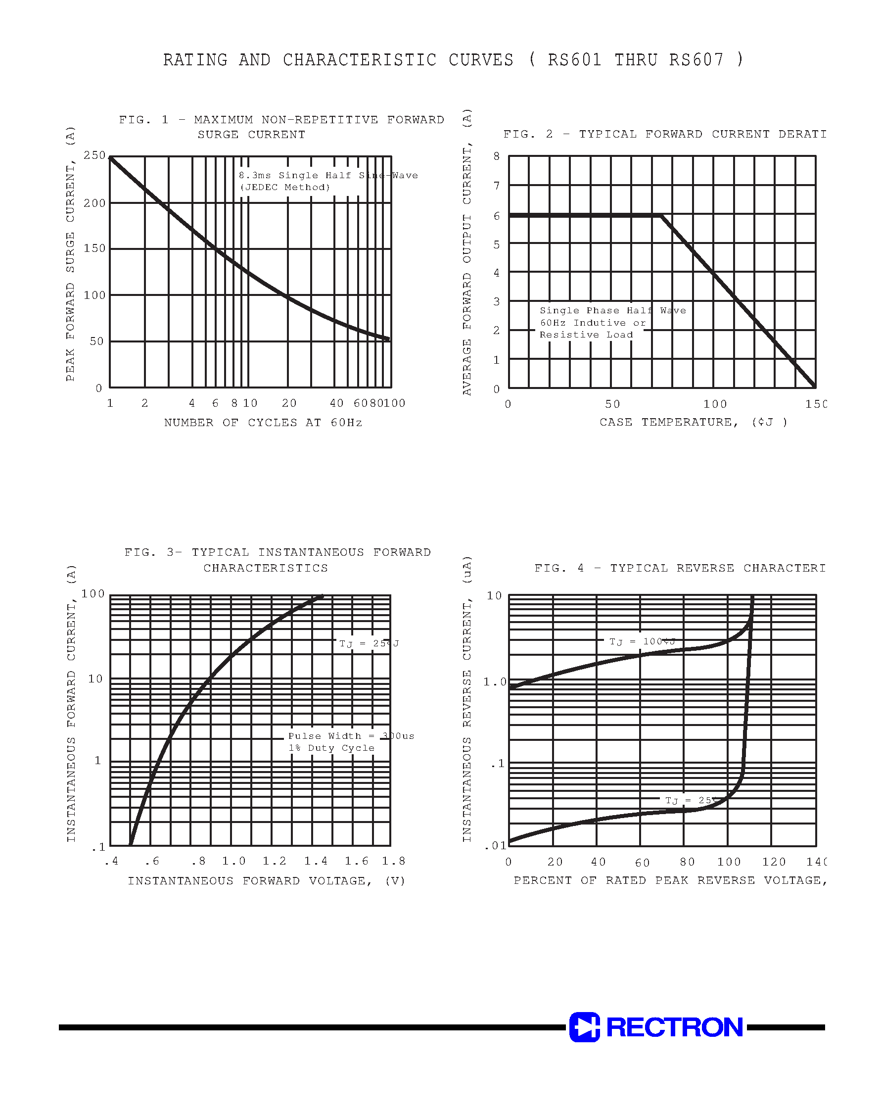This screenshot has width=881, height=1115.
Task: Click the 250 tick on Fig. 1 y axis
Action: (x=94, y=155)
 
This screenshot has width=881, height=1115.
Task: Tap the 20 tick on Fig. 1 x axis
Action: (x=289, y=403)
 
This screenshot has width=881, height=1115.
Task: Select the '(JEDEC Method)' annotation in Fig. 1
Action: (x=285, y=187)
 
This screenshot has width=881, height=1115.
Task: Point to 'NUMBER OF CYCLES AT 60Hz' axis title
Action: (x=263, y=423)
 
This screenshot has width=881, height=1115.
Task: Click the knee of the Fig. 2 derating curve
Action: (x=661, y=216)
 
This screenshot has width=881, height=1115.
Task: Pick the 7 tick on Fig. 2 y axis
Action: (x=497, y=186)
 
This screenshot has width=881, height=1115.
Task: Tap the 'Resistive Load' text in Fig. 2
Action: (x=586, y=335)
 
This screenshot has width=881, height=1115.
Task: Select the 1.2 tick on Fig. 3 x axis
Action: (x=275, y=861)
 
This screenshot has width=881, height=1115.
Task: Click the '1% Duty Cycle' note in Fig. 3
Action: (x=331, y=748)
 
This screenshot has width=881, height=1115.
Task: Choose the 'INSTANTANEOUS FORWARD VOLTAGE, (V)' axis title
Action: (x=266, y=881)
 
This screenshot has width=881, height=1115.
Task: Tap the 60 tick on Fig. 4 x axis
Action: (x=642, y=863)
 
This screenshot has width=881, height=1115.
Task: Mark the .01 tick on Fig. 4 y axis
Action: (x=496, y=846)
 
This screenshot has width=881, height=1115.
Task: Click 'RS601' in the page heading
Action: (x=575, y=60)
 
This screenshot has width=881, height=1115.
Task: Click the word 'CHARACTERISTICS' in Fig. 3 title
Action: (x=266, y=568)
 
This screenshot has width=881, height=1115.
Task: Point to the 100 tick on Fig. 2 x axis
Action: (x=715, y=404)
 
